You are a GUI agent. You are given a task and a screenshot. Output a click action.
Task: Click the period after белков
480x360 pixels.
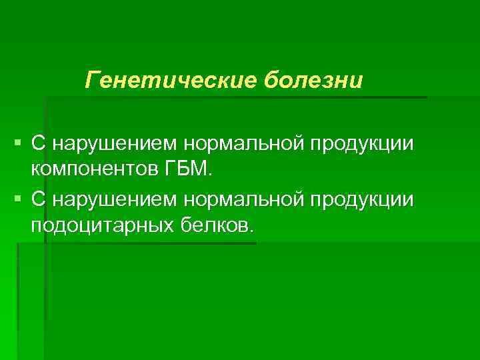coord(251,231)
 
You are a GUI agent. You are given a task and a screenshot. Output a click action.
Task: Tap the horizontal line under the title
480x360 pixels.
coord(233,97)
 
